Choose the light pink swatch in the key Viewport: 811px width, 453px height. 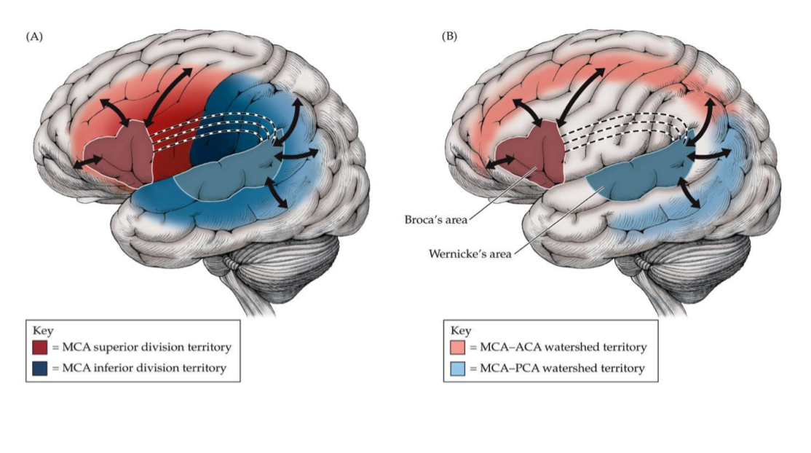(459, 347)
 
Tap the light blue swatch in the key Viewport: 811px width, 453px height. (459, 369)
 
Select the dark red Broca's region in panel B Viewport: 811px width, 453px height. (531, 153)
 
